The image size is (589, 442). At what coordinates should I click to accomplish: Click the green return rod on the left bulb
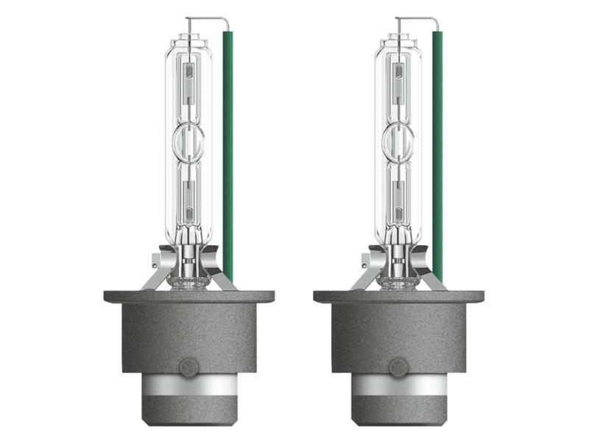(x=228, y=147)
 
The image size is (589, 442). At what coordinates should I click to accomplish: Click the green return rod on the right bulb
(x=437, y=147)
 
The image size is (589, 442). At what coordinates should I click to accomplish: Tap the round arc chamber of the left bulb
(x=187, y=142)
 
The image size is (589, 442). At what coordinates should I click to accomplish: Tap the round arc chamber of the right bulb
(x=397, y=142)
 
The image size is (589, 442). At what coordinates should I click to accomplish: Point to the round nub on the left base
(x=189, y=368)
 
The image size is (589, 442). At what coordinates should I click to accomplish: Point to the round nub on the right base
(x=399, y=368)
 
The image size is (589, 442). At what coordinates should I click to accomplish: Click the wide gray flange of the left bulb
(x=189, y=297)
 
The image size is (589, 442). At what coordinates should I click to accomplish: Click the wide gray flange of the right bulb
(x=399, y=297)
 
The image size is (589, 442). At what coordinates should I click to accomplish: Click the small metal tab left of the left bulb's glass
(x=156, y=261)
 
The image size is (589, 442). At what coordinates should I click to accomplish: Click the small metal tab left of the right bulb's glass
(x=366, y=261)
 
